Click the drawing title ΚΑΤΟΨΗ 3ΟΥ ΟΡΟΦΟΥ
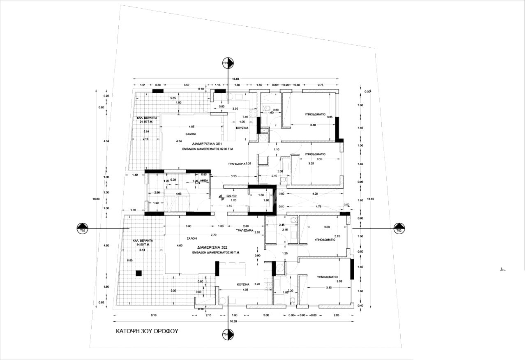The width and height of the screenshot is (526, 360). tap(147, 331)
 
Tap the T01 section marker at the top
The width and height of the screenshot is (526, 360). tap(228, 62)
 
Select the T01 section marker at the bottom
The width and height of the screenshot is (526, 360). tap(226, 335)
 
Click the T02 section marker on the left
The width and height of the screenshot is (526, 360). tap(83, 228)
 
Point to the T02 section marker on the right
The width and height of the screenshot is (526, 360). tap(399, 228)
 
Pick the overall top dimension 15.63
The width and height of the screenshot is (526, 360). tap(235, 79)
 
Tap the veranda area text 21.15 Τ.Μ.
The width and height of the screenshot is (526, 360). tap(146, 122)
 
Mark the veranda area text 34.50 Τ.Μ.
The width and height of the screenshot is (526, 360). tap(143, 245)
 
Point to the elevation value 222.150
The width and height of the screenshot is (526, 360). tap(232, 196)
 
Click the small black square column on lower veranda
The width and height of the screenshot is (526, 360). tap(139, 272)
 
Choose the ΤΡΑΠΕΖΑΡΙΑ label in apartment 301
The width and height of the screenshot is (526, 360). tap(236, 164)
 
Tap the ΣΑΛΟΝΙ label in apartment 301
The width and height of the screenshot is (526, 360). tap(190, 134)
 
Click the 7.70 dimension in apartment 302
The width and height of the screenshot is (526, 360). tap(213, 235)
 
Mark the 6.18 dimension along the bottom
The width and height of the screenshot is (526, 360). tap(154, 315)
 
